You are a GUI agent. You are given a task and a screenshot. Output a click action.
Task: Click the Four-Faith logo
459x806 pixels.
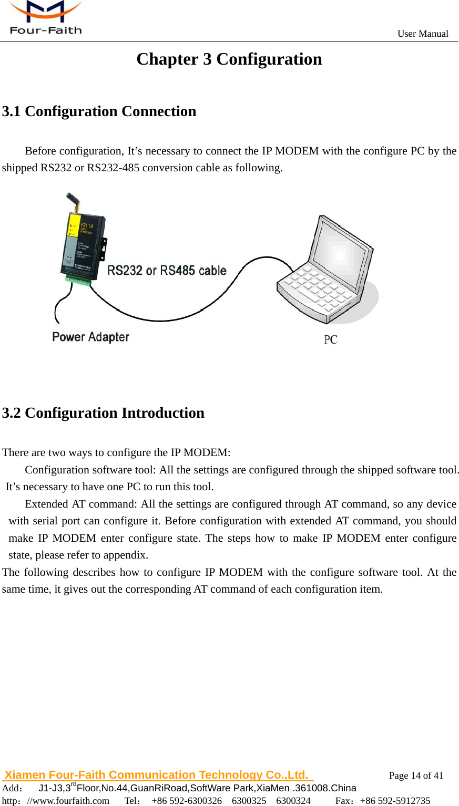(x=45, y=18)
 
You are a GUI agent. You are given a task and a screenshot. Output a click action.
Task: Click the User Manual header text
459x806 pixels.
(x=423, y=34)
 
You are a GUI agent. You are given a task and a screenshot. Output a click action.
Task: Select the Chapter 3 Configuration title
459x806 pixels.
(x=229, y=59)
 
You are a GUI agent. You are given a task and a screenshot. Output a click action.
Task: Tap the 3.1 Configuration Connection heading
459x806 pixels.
(x=99, y=111)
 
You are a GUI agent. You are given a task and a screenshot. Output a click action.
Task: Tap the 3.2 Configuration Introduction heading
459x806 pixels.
(x=103, y=413)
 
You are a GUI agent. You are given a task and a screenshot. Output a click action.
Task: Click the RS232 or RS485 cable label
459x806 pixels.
(x=167, y=271)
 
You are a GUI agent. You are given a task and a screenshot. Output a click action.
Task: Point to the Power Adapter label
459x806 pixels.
(x=90, y=337)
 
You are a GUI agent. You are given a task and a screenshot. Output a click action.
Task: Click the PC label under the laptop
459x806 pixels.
(x=330, y=340)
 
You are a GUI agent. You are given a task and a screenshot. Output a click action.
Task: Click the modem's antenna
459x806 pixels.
(x=73, y=203)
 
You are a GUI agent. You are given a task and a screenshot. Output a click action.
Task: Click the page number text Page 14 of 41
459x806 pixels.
(x=416, y=776)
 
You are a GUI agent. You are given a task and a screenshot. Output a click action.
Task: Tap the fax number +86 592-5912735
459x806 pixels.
(x=395, y=801)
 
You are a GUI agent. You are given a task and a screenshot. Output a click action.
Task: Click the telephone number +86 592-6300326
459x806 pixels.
(x=187, y=801)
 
